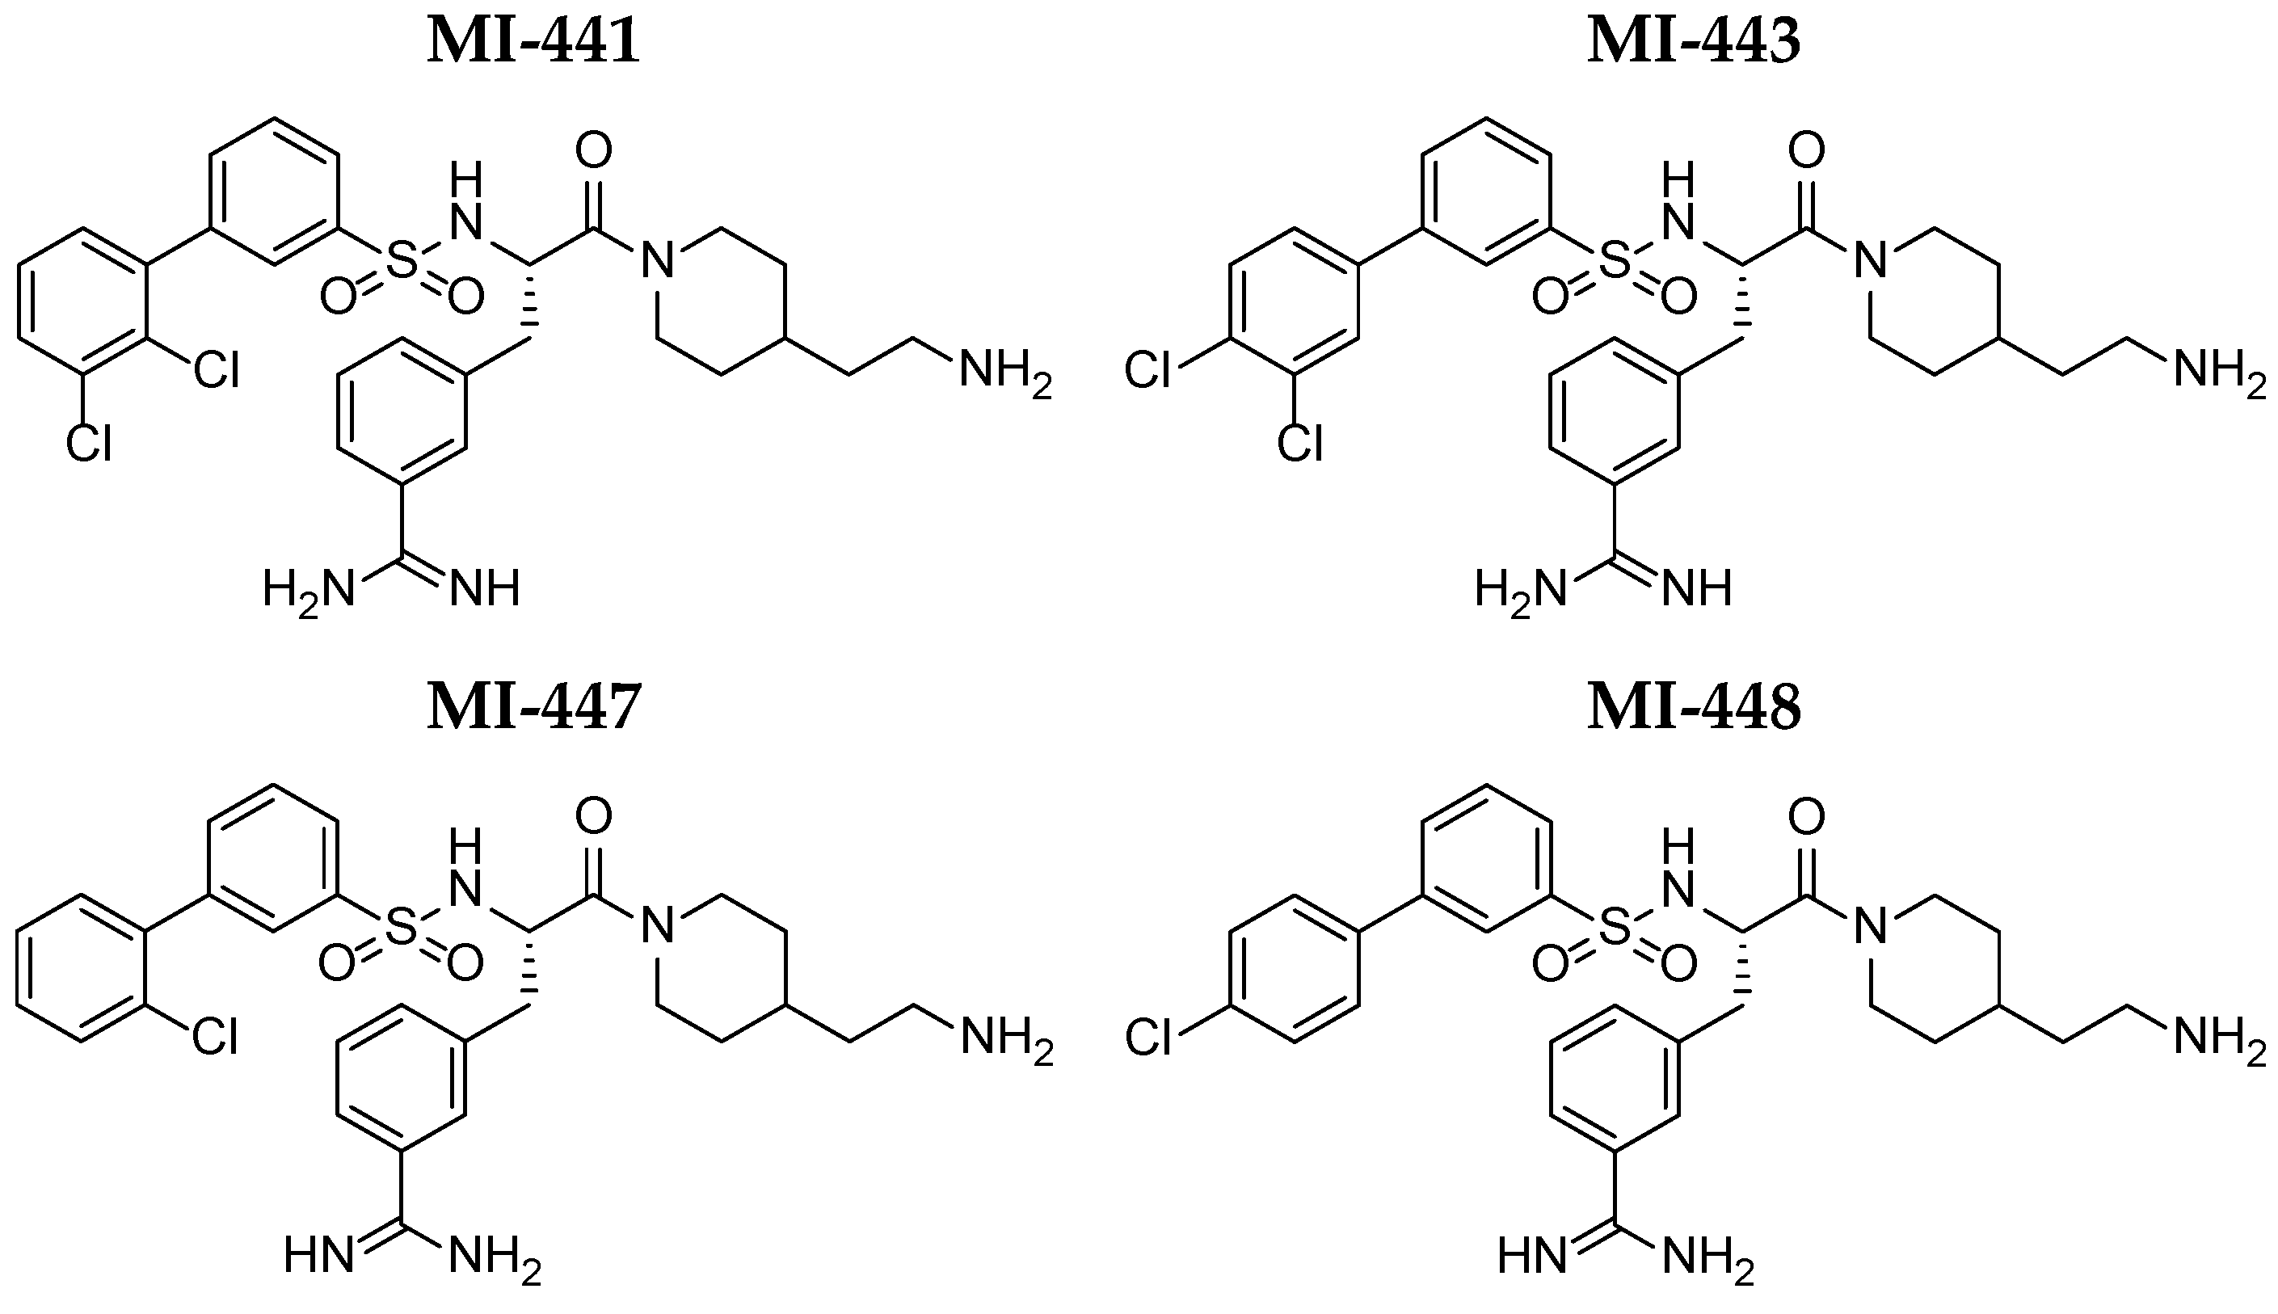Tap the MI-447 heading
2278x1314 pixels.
533,706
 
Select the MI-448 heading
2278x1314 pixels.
1694,706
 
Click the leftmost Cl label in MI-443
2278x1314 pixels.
1148,372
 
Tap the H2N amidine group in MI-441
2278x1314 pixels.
308,591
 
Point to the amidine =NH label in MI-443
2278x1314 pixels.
1697,589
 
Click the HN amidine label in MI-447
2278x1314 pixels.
318,1255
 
